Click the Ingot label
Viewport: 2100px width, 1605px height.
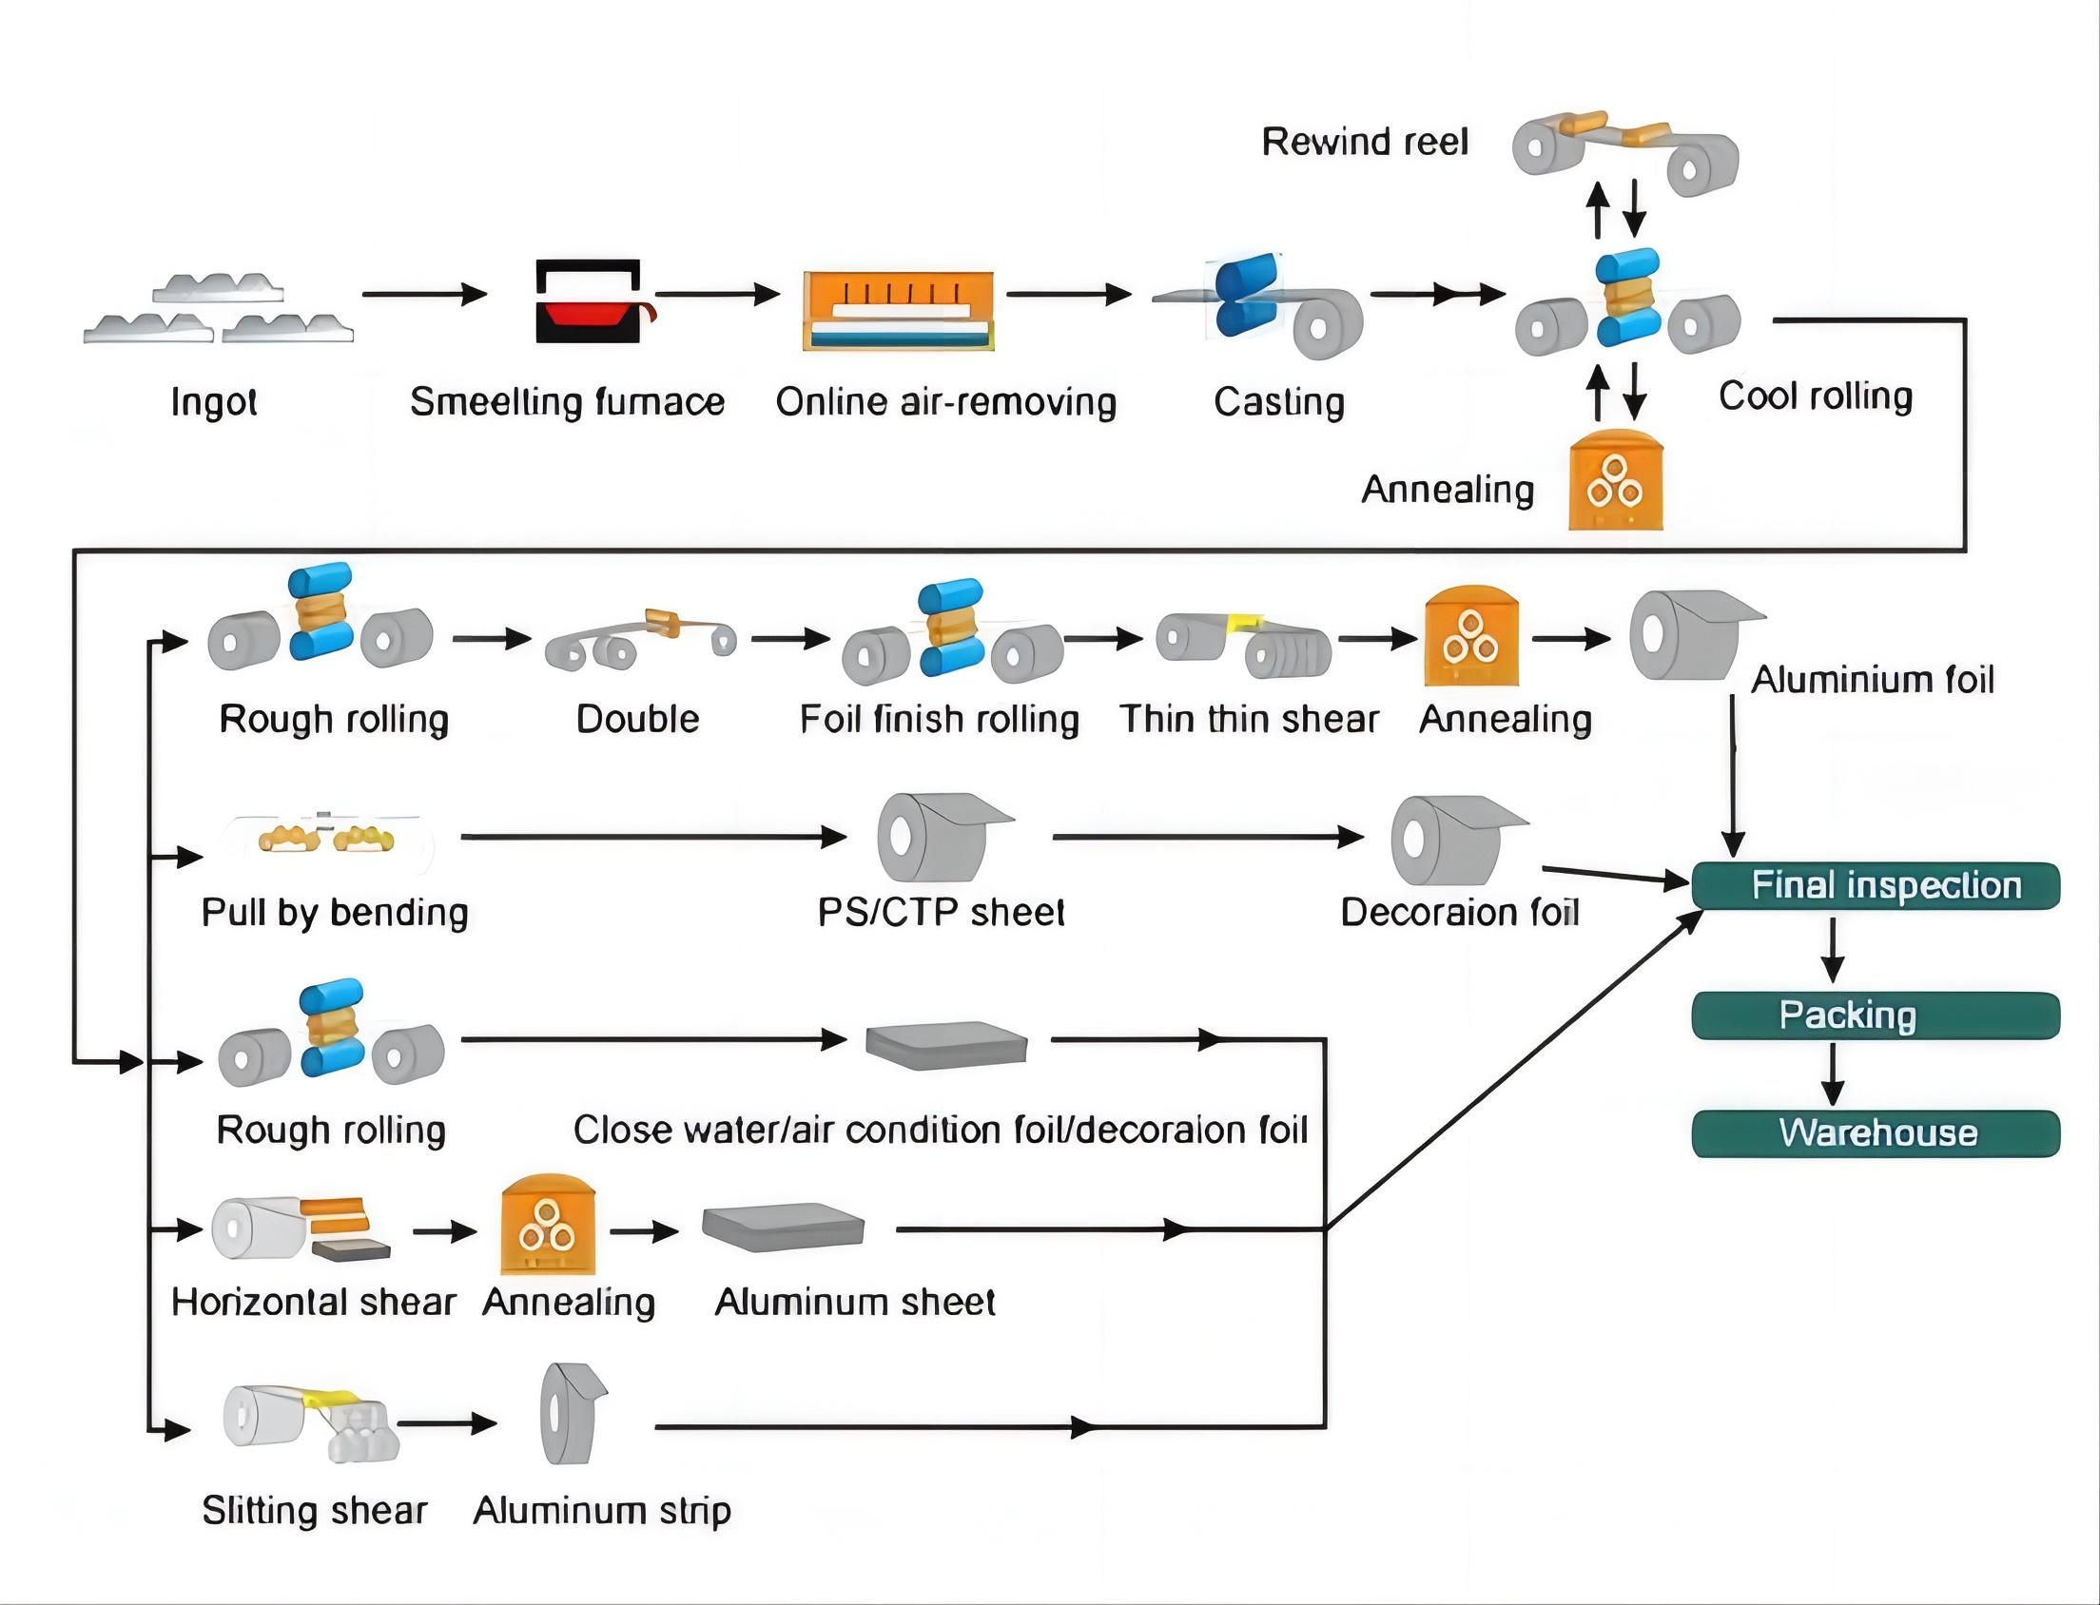click(x=213, y=402)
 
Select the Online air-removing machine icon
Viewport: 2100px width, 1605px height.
click(x=898, y=311)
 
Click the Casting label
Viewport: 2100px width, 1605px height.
click(x=1278, y=402)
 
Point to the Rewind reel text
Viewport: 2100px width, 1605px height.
click(x=1364, y=143)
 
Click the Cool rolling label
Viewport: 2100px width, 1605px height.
click(x=1816, y=396)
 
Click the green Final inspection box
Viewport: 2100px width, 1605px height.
click(x=1876, y=885)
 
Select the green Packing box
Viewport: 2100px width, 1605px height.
click(x=1876, y=1015)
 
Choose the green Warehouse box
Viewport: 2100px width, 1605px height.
click(x=1876, y=1133)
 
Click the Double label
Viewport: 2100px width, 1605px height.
click(x=637, y=720)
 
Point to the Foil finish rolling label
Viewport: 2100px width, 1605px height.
click(x=939, y=720)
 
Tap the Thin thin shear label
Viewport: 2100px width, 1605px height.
click(x=1249, y=720)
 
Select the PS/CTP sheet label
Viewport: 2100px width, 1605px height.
click(x=941, y=914)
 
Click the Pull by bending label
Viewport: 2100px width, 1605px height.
click(x=335, y=914)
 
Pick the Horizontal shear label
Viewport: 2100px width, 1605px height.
click(x=313, y=1302)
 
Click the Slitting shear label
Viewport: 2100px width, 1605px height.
click(x=314, y=1511)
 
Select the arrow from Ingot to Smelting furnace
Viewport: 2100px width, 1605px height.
click(x=424, y=294)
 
